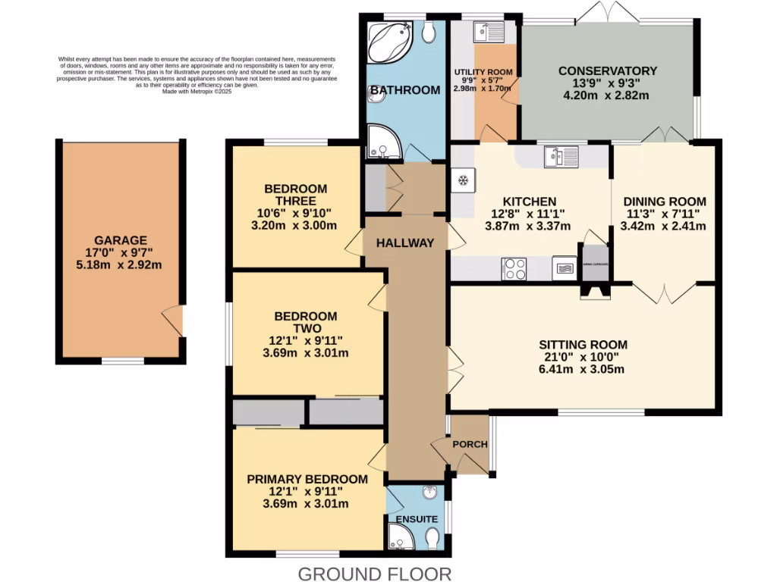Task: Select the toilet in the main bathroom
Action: [429, 32]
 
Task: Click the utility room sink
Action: [485, 32]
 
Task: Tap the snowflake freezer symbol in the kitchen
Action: [462, 180]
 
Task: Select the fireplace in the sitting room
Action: [595, 291]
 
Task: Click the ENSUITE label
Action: [417, 519]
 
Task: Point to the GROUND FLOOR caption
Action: [375, 574]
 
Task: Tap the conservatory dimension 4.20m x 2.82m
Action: [606, 95]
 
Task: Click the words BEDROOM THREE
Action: [295, 195]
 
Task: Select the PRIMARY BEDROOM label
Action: [307, 479]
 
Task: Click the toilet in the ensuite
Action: [433, 538]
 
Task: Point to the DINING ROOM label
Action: [665, 202]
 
